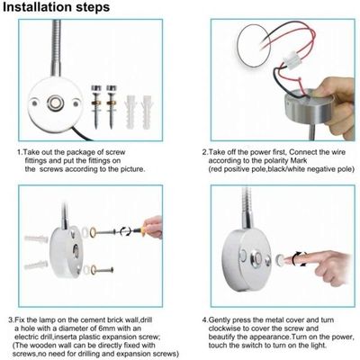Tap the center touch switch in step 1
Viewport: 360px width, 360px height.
tap(55, 103)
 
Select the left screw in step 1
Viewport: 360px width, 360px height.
tap(96, 106)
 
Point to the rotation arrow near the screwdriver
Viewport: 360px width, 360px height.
tap(124, 231)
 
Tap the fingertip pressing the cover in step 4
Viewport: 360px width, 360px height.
tap(288, 260)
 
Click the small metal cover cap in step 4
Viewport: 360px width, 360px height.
tap(280, 260)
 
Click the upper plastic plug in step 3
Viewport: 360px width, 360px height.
tap(36, 239)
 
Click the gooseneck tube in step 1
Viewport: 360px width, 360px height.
tap(56, 48)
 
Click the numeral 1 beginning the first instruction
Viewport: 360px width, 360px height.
tap(19, 152)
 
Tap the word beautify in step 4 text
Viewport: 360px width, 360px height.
tap(221, 337)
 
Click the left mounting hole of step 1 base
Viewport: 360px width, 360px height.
tap(35, 103)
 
